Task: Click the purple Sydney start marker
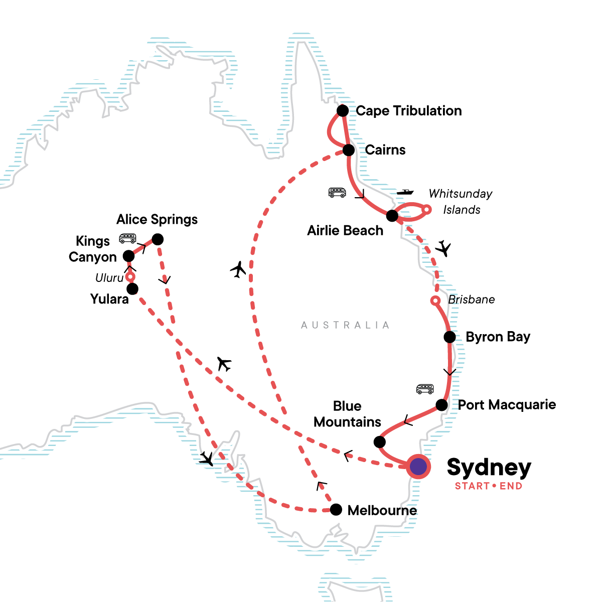pos(418,467)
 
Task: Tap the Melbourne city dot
pos(336,510)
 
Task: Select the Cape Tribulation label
pos(408,111)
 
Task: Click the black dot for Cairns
pos(349,150)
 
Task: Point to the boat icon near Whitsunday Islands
pos(405,192)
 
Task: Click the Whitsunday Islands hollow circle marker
pos(426,209)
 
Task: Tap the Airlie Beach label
pos(345,231)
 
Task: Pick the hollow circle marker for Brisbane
pos(436,300)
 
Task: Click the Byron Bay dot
pos(449,337)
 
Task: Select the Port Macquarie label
pos(507,405)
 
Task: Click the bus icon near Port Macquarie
pos(425,389)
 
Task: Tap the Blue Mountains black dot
pos(380,442)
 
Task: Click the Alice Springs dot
pos(158,240)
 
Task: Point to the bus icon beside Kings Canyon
pos(127,238)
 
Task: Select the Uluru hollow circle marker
pos(130,276)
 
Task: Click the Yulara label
pos(109,299)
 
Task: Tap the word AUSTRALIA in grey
pos(345,325)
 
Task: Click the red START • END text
pos(488,486)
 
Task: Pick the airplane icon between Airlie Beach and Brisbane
pos(443,248)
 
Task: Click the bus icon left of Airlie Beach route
pos(337,192)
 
